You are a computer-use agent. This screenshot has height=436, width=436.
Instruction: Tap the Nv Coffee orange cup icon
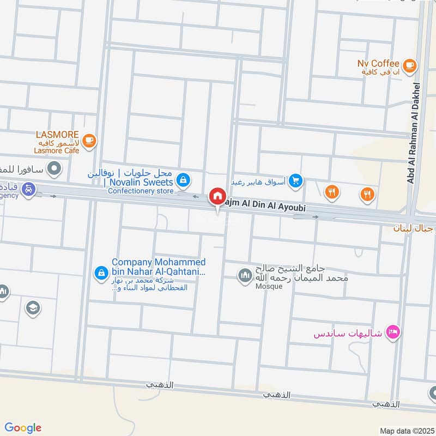point(410,66)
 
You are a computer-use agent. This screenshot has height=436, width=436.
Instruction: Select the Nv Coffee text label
point(378,64)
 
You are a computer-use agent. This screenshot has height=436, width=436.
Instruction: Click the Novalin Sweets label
point(138,182)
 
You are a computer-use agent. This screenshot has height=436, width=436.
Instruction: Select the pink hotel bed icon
point(391,331)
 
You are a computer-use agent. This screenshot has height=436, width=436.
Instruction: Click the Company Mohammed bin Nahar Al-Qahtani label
point(158,267)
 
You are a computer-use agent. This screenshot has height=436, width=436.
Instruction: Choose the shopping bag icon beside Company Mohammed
point(100,271)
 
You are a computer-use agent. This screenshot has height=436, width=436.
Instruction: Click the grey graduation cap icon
point(33,308)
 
